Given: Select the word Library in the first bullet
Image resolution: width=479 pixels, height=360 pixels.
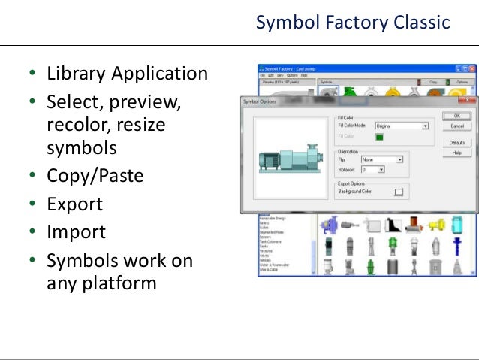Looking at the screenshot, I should click(76, 74).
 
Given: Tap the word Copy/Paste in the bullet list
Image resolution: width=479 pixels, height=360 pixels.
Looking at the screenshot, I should click(95, 176).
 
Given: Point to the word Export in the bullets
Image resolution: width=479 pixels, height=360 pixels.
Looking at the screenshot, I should click(74, 204).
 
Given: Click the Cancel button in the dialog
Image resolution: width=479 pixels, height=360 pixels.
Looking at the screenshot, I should click(456, 126).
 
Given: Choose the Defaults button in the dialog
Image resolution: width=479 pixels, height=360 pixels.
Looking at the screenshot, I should click(456, 142).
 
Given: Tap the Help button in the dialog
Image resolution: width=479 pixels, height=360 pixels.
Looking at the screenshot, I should click(456, 153).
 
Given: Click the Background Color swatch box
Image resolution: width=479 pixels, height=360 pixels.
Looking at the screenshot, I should click(399, 192).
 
